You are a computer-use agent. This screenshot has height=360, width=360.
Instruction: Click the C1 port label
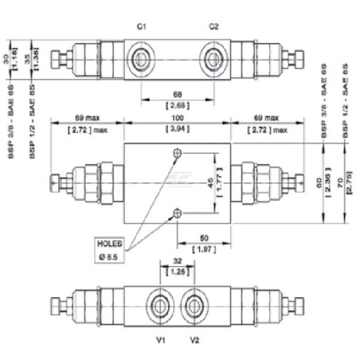point(141,26)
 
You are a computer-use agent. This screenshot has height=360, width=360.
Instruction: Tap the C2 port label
point(213,26)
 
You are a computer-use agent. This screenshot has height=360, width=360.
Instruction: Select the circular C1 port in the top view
point(143,60)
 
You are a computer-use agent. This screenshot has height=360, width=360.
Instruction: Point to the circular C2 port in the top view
point(213,60)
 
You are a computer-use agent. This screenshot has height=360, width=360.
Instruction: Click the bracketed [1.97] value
point(203,249)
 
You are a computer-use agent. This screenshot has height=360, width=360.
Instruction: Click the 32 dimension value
point(178,262)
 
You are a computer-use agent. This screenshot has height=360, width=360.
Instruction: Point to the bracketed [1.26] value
point(178,272)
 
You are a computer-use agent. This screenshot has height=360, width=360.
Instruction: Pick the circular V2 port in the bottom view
point(193,306)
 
